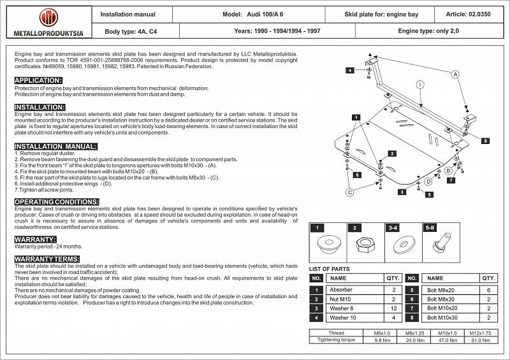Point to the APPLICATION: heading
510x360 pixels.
[38, 80]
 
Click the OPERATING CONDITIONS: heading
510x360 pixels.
[56, 201]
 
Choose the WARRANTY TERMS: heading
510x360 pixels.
[47, 259]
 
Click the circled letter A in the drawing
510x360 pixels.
[456, 75]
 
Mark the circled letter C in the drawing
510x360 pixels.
[349, 192]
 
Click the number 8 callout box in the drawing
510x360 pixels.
[485, 140]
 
